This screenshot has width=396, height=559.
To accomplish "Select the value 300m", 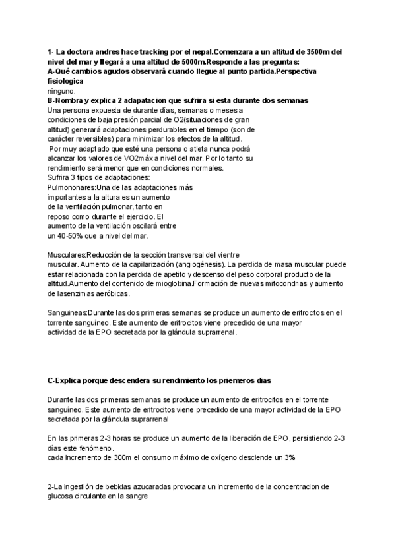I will click(110, 457).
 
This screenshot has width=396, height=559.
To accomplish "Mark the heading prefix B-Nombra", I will click(67, 100).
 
